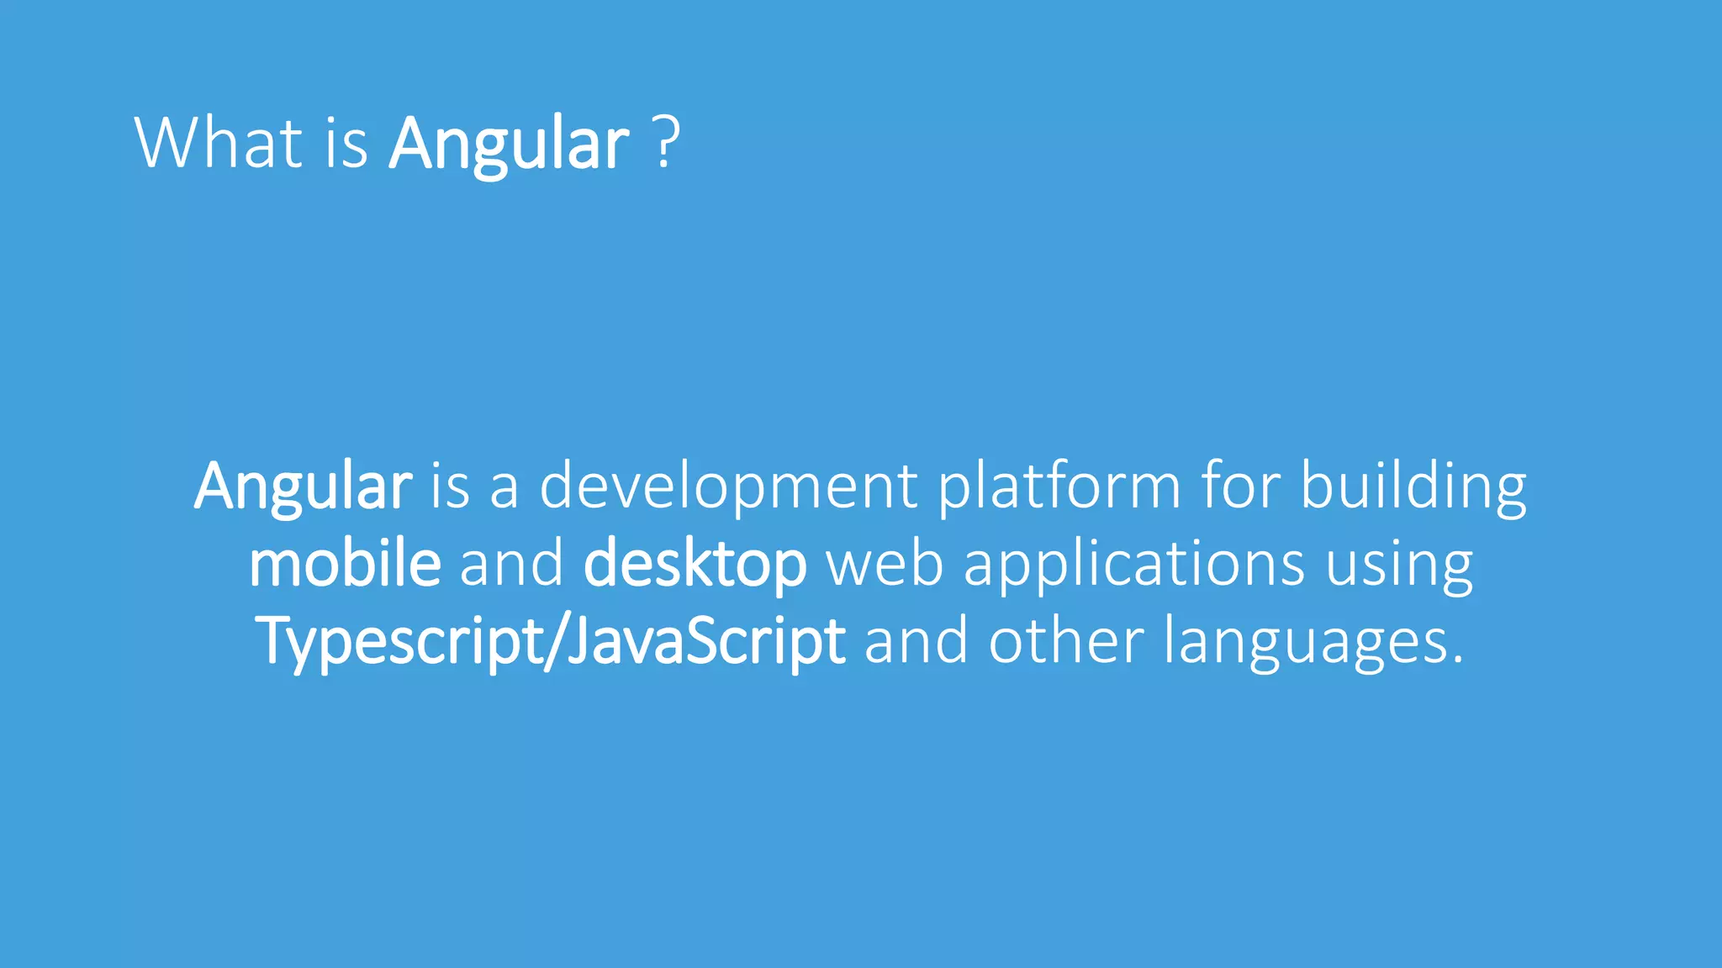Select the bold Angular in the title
pos(509,145)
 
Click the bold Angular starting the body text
pos(303,487)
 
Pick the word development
pos(728,487)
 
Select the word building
pos(1413,487)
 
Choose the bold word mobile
pos(345,563)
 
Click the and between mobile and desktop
pos(511,563)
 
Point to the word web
pos(885,563)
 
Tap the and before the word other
pos(916,640)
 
